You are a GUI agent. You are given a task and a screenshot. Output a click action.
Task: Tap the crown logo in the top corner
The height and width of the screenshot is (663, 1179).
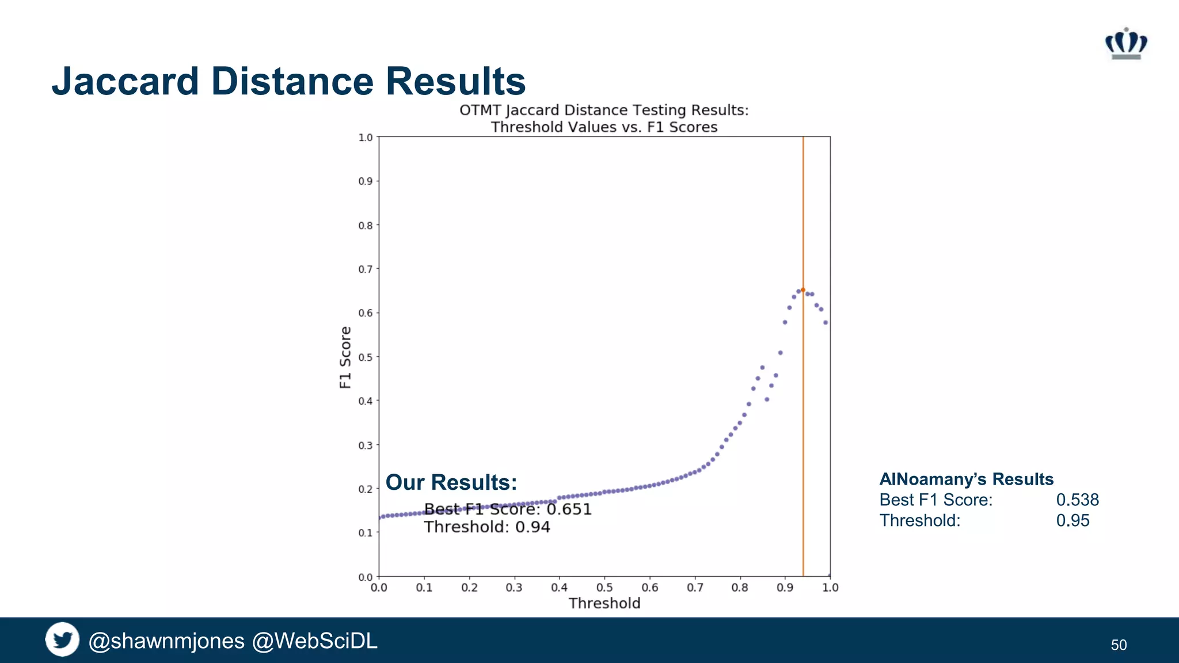tap(1125, 44)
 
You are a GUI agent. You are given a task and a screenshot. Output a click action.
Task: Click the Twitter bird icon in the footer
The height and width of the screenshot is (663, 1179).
tap(62, 639)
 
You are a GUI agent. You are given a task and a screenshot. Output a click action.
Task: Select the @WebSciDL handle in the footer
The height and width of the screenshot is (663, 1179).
tap(315, 641)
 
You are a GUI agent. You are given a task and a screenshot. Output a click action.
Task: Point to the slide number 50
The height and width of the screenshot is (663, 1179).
tap(1119, 645)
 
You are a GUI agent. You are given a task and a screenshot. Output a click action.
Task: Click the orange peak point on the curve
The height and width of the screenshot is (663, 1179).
tap(803, 290)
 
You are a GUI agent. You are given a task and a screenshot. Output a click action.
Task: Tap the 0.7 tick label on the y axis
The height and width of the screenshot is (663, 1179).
tap(366, 269)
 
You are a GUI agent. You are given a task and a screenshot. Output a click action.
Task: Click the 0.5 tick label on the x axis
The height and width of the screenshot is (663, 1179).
tap(604, 588)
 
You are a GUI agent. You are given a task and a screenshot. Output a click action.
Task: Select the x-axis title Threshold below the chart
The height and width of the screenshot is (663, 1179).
tap(604, 603)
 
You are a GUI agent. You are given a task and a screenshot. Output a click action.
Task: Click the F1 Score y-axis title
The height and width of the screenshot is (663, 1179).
tap(345, 357)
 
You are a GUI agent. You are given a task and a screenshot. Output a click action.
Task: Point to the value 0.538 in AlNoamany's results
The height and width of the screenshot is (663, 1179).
tap(1077, 500)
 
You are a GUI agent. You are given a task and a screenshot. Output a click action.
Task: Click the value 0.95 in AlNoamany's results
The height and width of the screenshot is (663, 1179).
tap(1072, 520)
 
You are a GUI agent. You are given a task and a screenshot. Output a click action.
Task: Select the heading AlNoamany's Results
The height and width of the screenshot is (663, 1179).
tap(966, 479)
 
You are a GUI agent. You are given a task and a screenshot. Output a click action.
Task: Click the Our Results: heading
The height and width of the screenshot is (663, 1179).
tap(451, 482)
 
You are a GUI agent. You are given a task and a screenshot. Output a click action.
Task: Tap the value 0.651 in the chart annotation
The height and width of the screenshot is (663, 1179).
tap(569, 509)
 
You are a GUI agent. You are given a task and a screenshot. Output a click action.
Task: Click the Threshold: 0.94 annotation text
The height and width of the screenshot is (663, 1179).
tap(487, 527)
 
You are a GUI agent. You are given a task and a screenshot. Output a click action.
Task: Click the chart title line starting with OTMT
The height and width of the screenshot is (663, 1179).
tap(604, 110)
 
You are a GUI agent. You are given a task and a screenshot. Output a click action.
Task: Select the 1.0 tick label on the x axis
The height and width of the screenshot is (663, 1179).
tap(830, 588)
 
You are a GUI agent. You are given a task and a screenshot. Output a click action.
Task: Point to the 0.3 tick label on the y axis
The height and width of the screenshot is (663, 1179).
tap(366, 445)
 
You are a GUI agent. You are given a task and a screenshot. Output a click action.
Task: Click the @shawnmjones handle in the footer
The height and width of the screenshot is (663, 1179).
tap(166, 641)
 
